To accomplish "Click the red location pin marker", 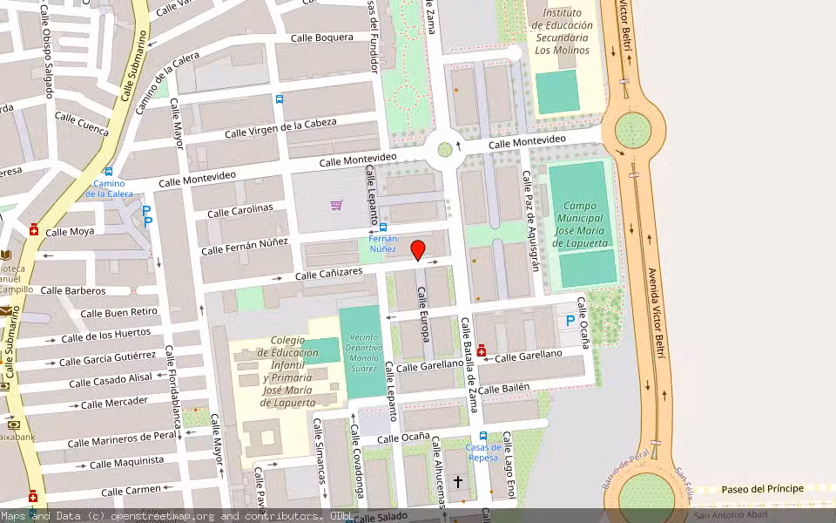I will coord(418,249).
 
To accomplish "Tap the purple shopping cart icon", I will coord(336,205).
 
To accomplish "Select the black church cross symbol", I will coord(458,480).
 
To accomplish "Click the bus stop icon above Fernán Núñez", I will coord(384,228).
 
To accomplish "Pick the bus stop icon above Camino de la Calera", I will coord(108,172).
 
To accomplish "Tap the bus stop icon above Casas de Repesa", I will coord(483,436).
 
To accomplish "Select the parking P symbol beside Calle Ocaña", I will coord(570,321).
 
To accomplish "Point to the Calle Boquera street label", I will coord(321,37).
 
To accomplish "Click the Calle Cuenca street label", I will coord(81,124).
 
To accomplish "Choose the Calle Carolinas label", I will coord(240,210).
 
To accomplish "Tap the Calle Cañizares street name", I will coord(328,275).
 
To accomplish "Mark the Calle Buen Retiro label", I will coord(119,312).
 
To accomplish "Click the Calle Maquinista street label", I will coord(126,462).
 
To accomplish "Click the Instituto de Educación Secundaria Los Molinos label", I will coord(563,31).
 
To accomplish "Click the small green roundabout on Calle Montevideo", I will coord(445,149).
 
